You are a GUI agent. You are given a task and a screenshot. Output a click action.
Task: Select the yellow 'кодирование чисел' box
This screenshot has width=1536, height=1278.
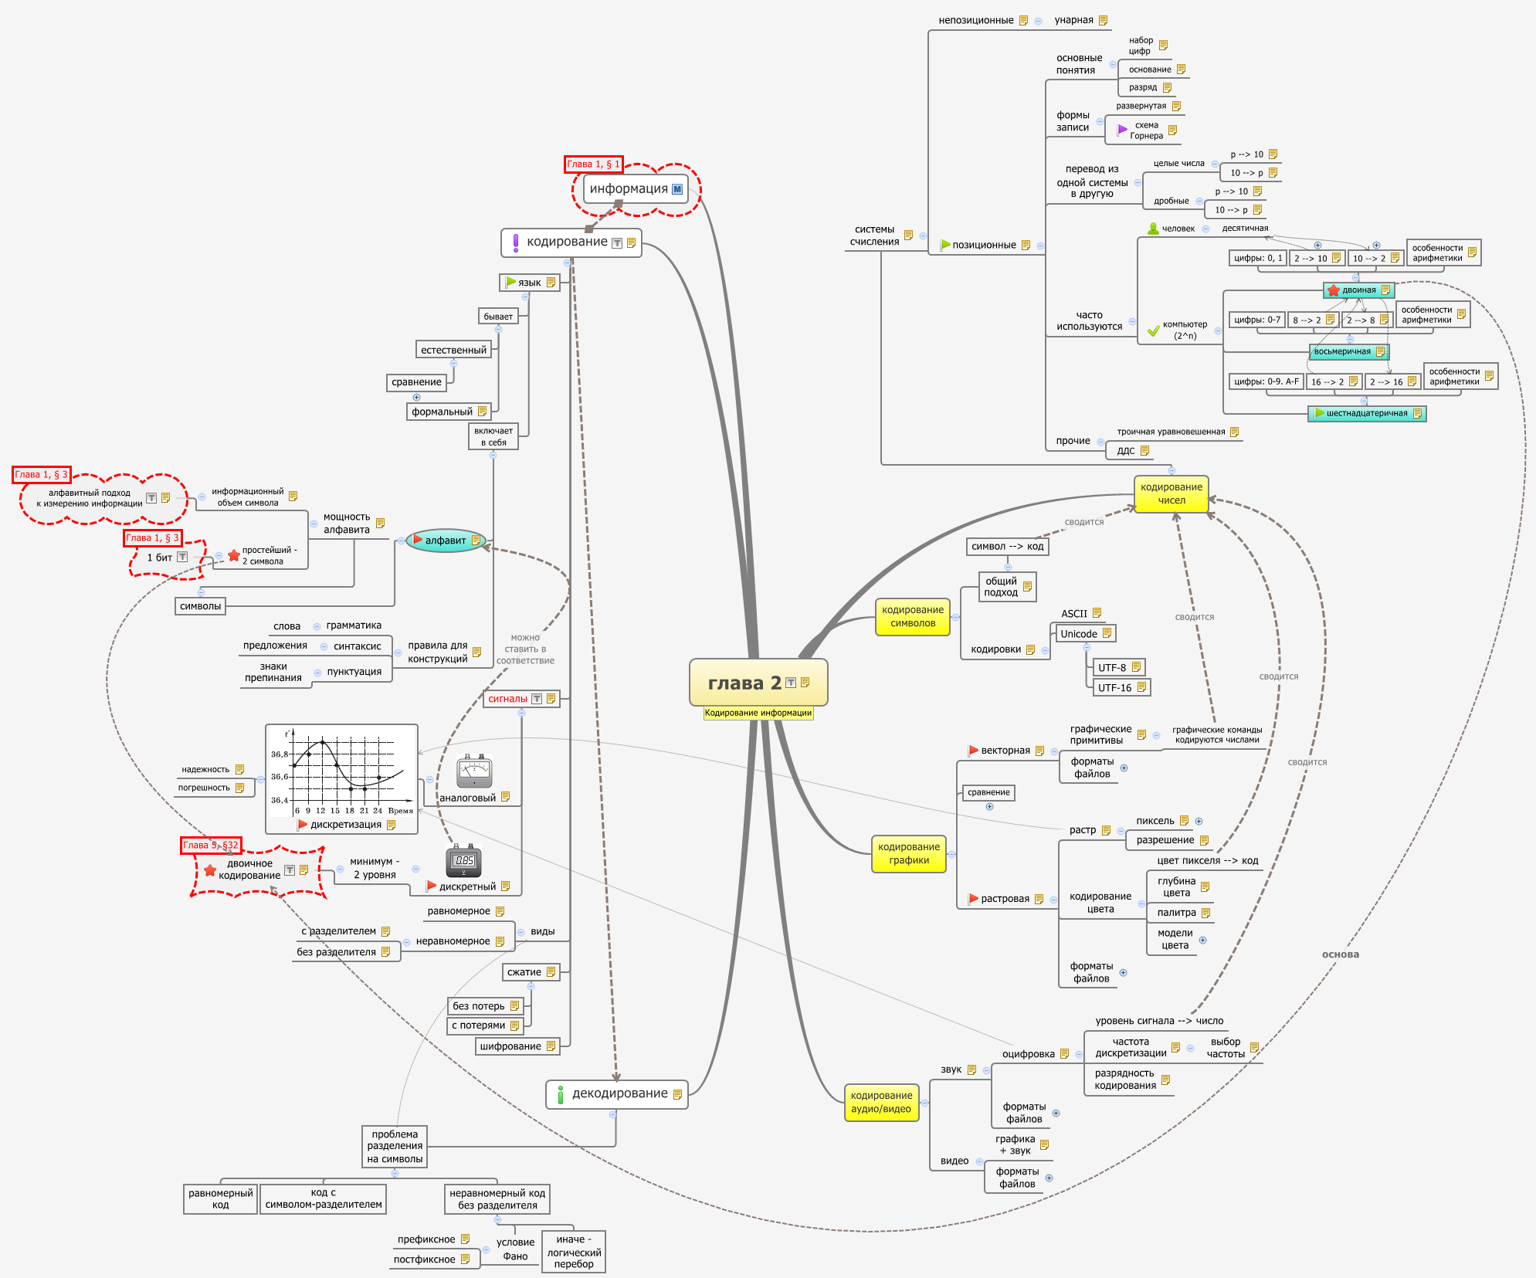(1171, 494)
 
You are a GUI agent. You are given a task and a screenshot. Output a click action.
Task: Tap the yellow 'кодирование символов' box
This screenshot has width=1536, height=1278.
(912, 616)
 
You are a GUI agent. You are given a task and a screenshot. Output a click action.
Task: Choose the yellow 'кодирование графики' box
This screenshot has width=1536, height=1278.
(908, 853)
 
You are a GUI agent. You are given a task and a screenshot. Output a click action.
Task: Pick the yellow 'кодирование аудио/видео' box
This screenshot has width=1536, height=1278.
(880, 1102)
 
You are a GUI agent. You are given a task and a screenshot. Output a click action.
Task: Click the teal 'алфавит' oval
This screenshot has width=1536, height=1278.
(446, 541)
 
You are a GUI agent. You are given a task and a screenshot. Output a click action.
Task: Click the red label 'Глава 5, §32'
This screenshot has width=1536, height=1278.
(211, 845)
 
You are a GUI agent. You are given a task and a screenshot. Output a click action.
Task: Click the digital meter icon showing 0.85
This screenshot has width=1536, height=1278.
(463, 861)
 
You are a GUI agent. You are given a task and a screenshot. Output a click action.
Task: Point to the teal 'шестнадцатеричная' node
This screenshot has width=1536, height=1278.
(1366, 413)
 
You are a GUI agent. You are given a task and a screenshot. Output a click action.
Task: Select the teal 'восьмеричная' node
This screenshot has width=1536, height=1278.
(1348, 351)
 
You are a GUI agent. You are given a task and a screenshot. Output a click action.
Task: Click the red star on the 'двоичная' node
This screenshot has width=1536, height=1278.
(1334, 290)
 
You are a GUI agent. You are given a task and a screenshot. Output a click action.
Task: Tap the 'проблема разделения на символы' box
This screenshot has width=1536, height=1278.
(395, 1147)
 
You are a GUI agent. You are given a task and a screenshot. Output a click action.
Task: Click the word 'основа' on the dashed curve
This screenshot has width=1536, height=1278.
(1340, 954)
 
